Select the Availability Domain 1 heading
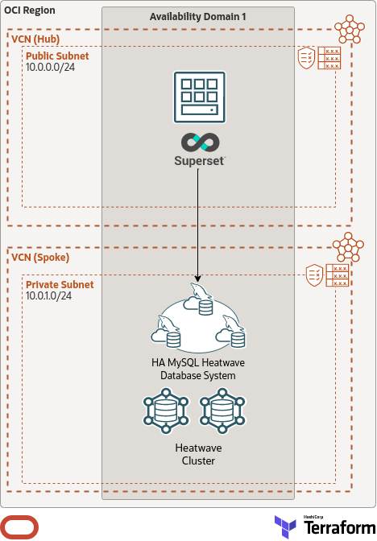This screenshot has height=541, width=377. click(x=198, y=17)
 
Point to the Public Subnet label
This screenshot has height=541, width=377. click(x=57, y=56)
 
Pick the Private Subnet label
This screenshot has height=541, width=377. click(x=60, y=285)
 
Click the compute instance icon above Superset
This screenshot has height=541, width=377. click(x=198, y=94)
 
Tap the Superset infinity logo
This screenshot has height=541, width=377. click(x=198, y=142)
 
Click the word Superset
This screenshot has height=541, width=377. click(x=198, y=161)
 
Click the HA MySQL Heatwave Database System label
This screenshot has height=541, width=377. click(x=198, y=370)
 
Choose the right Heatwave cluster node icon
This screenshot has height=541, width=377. click(x=222, y=411)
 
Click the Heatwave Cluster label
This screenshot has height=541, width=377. click(x=198, y=454)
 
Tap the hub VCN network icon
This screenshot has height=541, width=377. click(x=350, y=30)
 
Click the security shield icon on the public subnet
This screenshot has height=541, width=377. click(x=307, y=58)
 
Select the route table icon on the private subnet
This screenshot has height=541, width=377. click(x=338, y=275)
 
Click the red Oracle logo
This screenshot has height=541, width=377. click(x=21, y=527)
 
